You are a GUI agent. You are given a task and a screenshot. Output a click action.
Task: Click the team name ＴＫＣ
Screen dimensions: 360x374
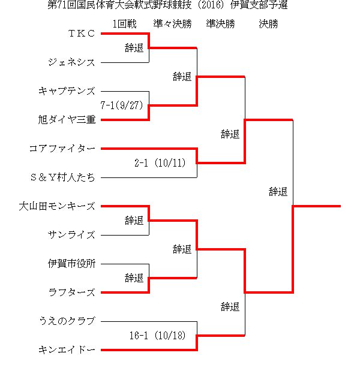tap(82, 34)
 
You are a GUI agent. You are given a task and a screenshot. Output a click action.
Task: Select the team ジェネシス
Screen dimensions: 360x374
tap(71, 62)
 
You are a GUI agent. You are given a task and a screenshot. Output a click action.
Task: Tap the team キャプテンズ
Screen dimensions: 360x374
tap(67, 91)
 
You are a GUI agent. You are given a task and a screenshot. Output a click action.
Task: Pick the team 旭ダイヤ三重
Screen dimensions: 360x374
tap(67, 120)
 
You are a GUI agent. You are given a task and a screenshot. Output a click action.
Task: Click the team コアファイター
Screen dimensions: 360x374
tap(62, 149)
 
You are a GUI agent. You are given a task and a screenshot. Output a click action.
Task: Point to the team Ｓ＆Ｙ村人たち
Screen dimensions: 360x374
tap(62, 177)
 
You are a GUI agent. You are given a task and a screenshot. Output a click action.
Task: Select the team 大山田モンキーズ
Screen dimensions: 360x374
tap(57, 206)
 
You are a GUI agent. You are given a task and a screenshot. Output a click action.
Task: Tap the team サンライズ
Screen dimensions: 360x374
tap(71, 235)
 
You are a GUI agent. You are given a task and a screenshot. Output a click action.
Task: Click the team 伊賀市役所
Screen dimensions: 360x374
tap(71, 264)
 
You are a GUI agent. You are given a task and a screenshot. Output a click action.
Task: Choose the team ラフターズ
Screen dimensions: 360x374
tap(71, 292)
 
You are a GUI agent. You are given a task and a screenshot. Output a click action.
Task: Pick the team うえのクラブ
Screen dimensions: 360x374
tap(67, 321)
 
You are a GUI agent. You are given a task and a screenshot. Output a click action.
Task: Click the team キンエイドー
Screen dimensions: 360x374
tap(67, 350)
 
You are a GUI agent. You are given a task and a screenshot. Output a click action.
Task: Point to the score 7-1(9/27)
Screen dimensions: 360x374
tap(122, 105)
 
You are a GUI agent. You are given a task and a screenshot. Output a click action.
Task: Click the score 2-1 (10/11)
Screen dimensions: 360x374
tap(160, 163)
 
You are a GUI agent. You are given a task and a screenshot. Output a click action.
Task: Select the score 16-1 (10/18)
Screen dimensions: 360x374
tap(158, 336)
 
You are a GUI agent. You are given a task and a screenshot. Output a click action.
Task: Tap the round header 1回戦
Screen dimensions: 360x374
tap(124, 24)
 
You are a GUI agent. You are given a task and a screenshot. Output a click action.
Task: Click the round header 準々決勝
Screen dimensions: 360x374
tap(172, 24)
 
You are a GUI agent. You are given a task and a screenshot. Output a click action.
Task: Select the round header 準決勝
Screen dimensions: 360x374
tap(220, 24)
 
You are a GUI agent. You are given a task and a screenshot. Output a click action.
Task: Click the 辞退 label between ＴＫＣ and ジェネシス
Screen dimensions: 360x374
tap(134, 48)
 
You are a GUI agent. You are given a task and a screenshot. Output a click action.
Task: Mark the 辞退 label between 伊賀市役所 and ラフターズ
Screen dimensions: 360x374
tap(134, 278)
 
